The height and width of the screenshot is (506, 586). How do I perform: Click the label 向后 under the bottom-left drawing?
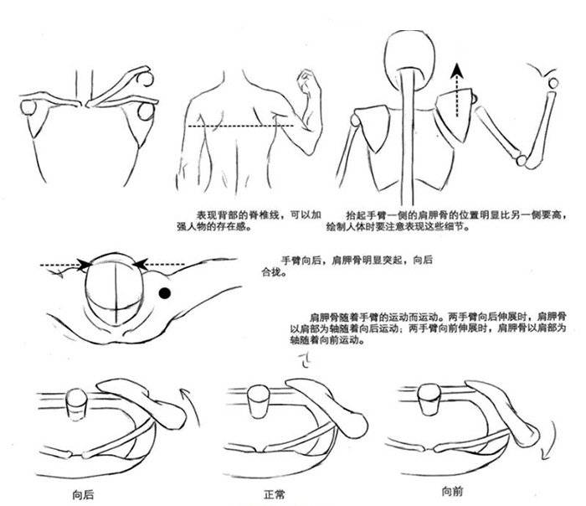coord(83,495)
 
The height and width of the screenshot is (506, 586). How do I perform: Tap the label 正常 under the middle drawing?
coord(275,495)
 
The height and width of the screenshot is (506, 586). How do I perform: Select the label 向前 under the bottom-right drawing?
coord(452,491)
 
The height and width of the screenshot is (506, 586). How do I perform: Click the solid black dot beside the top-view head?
coord(165,293)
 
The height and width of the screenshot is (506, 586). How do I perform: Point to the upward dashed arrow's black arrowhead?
coord(456,71)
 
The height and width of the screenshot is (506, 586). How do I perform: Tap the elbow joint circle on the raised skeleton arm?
coord(522,161)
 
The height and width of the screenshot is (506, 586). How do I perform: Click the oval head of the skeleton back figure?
coord(410,59)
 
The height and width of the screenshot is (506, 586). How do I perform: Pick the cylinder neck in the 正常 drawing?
coord(259,401)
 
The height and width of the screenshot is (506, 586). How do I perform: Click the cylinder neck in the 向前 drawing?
coord(429,399)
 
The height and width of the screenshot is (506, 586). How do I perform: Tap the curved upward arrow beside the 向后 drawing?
coord(192,407)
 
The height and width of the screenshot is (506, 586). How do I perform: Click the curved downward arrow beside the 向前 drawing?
coord(547,440)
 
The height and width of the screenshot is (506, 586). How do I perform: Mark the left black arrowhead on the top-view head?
coord(85,265)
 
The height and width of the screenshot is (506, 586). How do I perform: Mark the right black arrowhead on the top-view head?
coord(140,264)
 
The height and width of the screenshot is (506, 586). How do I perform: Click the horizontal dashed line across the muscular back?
coord(241,126)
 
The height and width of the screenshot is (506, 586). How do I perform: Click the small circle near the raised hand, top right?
coord(553,83)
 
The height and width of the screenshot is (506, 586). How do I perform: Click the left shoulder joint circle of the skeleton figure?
coord(355,120)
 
